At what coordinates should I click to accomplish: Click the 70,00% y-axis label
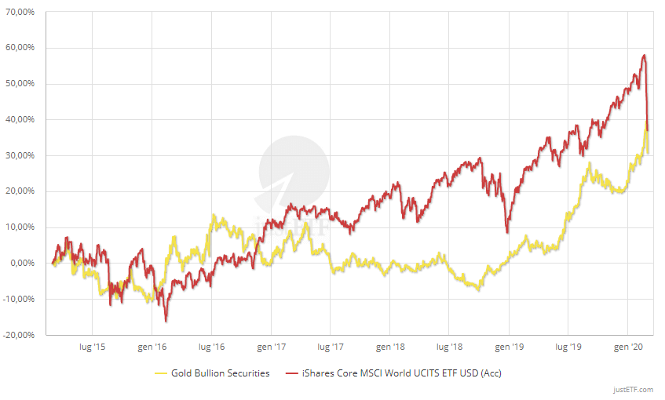(x=21, y=12)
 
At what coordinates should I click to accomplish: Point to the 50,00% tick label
(x=21, y=84)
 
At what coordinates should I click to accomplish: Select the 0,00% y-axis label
(x=24, y=264)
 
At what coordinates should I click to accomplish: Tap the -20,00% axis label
(x=20, y=335)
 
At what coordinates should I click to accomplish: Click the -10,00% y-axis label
(x=20, y=299)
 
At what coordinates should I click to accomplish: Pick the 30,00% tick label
(x=21, y=155)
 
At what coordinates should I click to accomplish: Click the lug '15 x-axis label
(x=92, y=347)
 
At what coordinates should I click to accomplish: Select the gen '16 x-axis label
(x=152, y=347)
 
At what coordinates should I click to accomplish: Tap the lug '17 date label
(x=330, y=347)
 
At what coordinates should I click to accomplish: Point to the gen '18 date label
(x=390, y=347)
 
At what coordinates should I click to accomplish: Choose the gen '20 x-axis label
(x=628, y=347)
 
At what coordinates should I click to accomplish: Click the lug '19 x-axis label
(x=568, y=347)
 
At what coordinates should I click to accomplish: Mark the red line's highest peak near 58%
(x=644, y=55)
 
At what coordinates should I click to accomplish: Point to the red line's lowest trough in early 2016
(x=166, y=321)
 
